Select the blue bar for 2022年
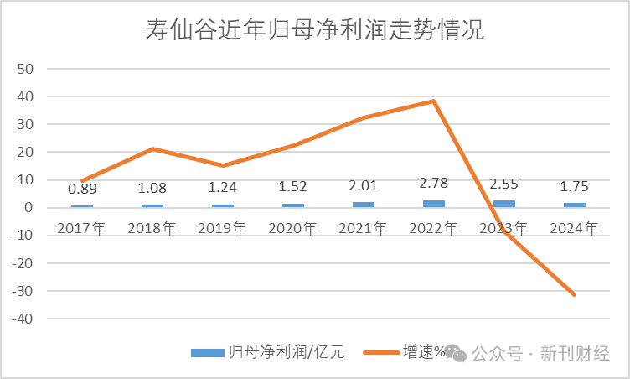tap(434, 204)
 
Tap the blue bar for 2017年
tap(81, 206)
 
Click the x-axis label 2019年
tap(222, 227)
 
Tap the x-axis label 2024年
tap(575, 227)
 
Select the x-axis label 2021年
tap(364, 227)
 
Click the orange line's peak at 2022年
tap(434, 101)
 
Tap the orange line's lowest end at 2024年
tap(575, 294)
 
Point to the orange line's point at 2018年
tap(152, 149)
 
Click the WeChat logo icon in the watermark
tap(456, 353)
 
